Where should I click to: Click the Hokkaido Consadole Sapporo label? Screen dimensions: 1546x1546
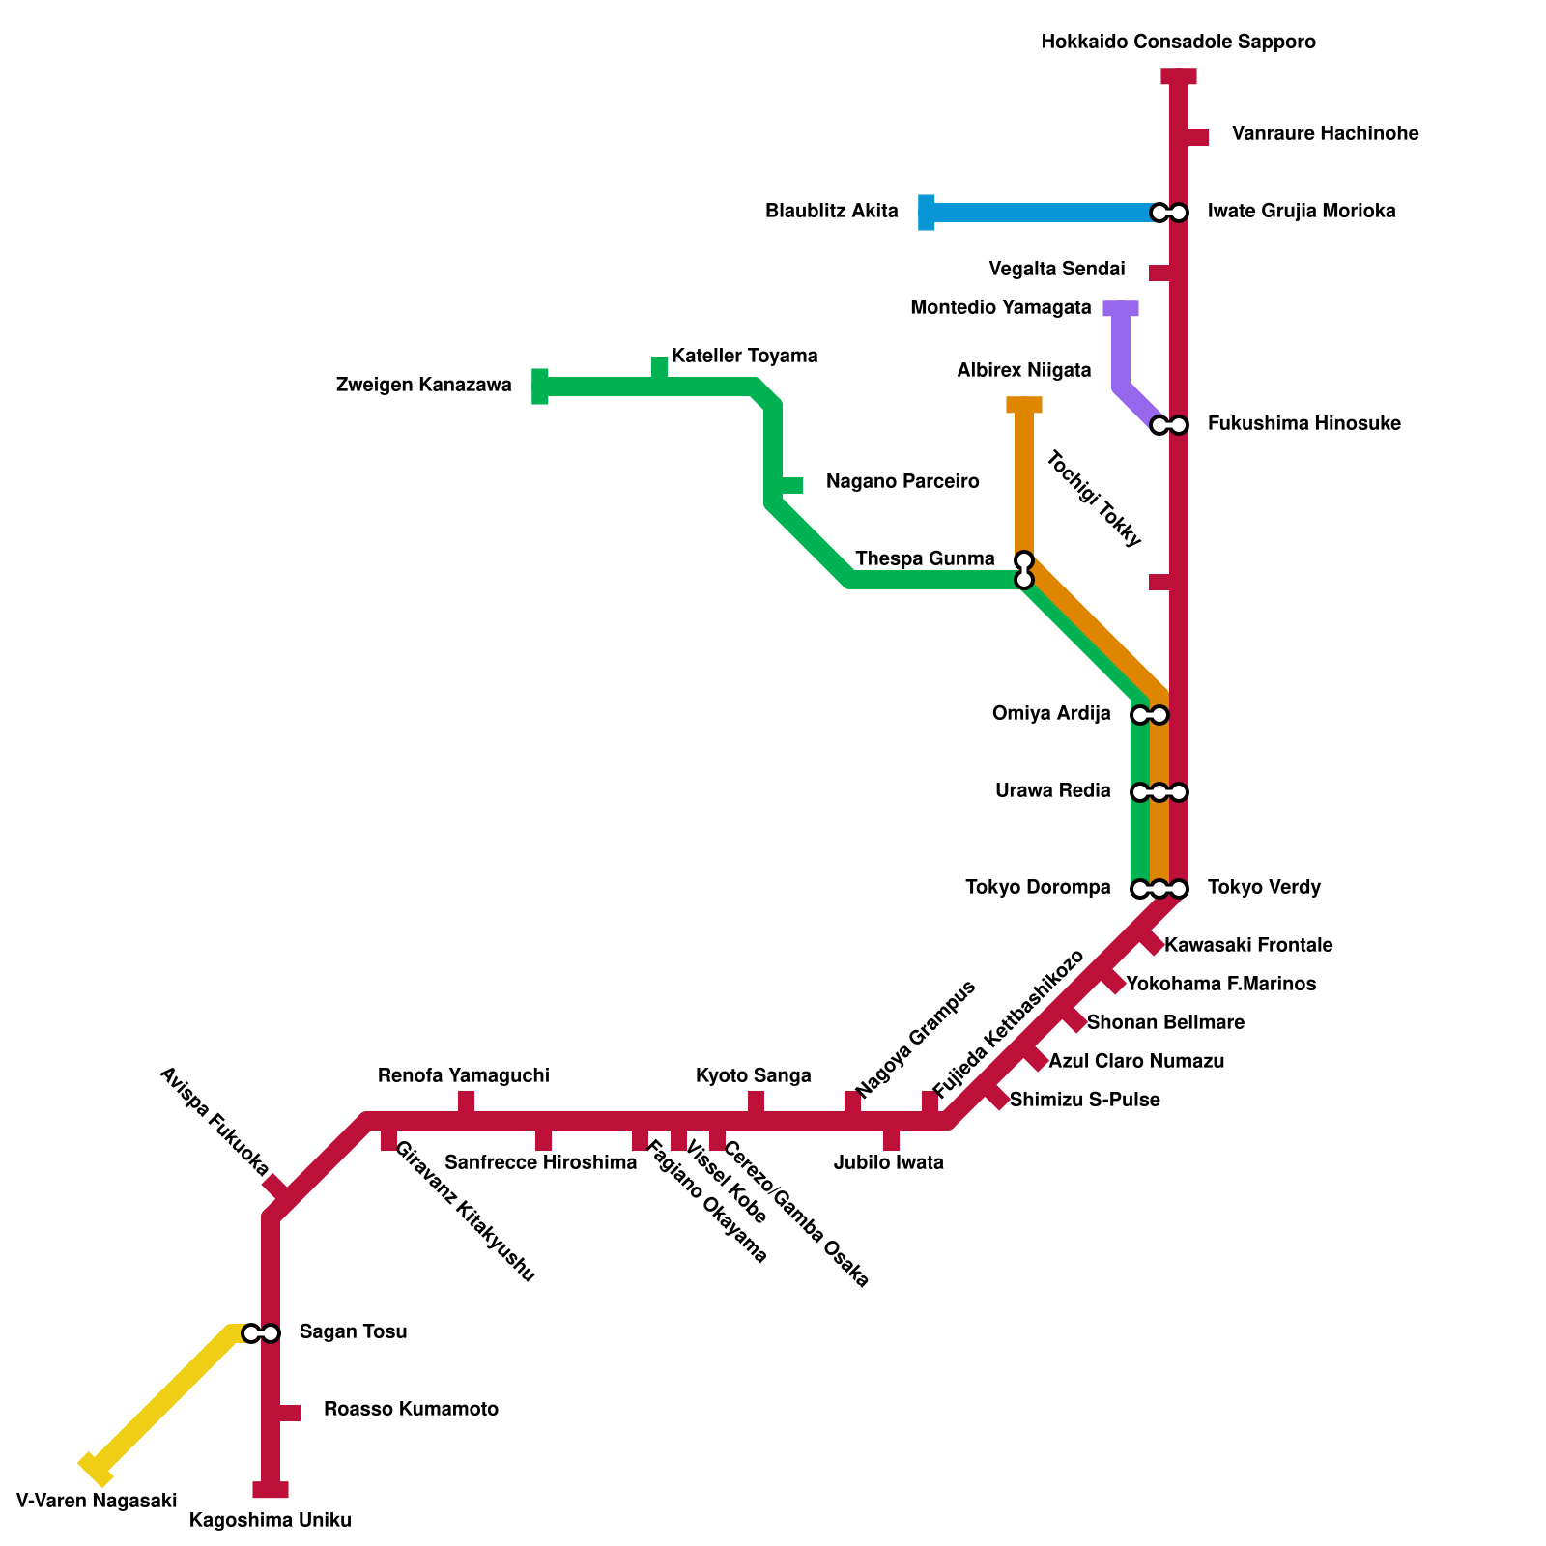[1179, 43]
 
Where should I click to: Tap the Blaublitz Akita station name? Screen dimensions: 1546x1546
[831, 212]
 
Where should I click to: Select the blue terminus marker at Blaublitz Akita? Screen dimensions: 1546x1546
[927, 213]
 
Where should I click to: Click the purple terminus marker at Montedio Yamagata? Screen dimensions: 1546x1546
[1121, 308]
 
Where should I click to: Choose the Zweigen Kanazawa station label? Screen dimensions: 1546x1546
[423, 386]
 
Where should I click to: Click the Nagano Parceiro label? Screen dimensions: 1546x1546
[902, 482]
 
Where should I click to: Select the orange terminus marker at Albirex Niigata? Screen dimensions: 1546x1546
[1024, 405]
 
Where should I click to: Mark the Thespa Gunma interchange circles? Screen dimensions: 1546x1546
[1024, 570]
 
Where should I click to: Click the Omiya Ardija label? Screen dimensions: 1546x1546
[1051, 714]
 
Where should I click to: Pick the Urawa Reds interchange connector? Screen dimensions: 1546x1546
[1159, 792]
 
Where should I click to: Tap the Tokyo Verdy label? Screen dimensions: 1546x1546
[1264, 888]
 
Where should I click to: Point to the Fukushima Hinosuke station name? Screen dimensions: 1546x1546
[1303, 424]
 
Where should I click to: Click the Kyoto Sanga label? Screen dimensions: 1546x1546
[754, 1076]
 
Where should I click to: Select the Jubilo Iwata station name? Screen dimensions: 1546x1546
[888, 1163]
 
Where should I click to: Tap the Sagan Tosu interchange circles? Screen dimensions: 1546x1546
[261, 1333]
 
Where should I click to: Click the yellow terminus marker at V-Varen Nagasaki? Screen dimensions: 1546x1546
[96, 1469]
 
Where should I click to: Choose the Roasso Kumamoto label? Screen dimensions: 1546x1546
[411, 1410]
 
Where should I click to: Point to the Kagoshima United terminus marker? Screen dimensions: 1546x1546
[271, 1490]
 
